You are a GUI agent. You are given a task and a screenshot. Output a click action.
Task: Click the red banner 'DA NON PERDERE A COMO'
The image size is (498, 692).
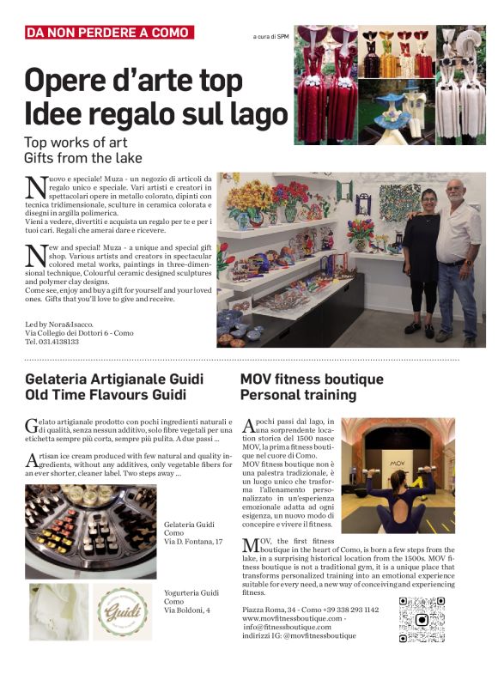tap(109, 33)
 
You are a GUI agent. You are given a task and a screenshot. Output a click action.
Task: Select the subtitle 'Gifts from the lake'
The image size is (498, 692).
tap(82, 158)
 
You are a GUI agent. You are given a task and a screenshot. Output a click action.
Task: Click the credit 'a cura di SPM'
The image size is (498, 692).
tap(270, 37)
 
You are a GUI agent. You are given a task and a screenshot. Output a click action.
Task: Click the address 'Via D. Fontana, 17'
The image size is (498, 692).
tap(193, 542)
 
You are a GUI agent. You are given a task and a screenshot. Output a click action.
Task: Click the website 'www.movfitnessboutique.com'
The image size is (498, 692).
tap(292, 617)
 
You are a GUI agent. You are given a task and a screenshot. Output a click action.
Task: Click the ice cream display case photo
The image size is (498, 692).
tap(90, 531)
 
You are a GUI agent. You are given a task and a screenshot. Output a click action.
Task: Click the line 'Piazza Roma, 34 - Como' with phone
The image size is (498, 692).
tap(310, 609)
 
